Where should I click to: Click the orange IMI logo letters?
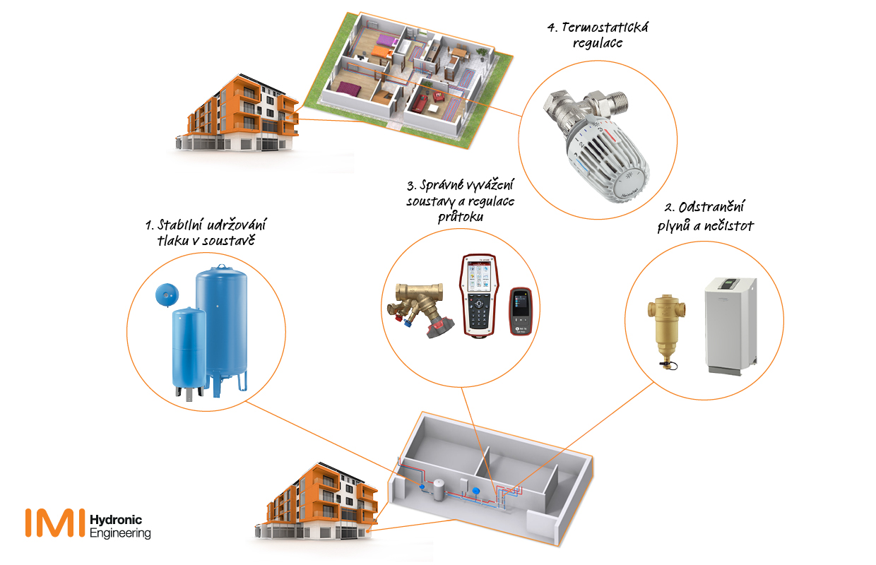[55, 522]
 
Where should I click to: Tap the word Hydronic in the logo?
[117, 521]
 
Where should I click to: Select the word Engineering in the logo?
[121, 533]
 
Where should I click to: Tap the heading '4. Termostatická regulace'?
[598, 35]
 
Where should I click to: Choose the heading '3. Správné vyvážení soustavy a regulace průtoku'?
[460, 201]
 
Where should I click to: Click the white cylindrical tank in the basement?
[439, 487]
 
